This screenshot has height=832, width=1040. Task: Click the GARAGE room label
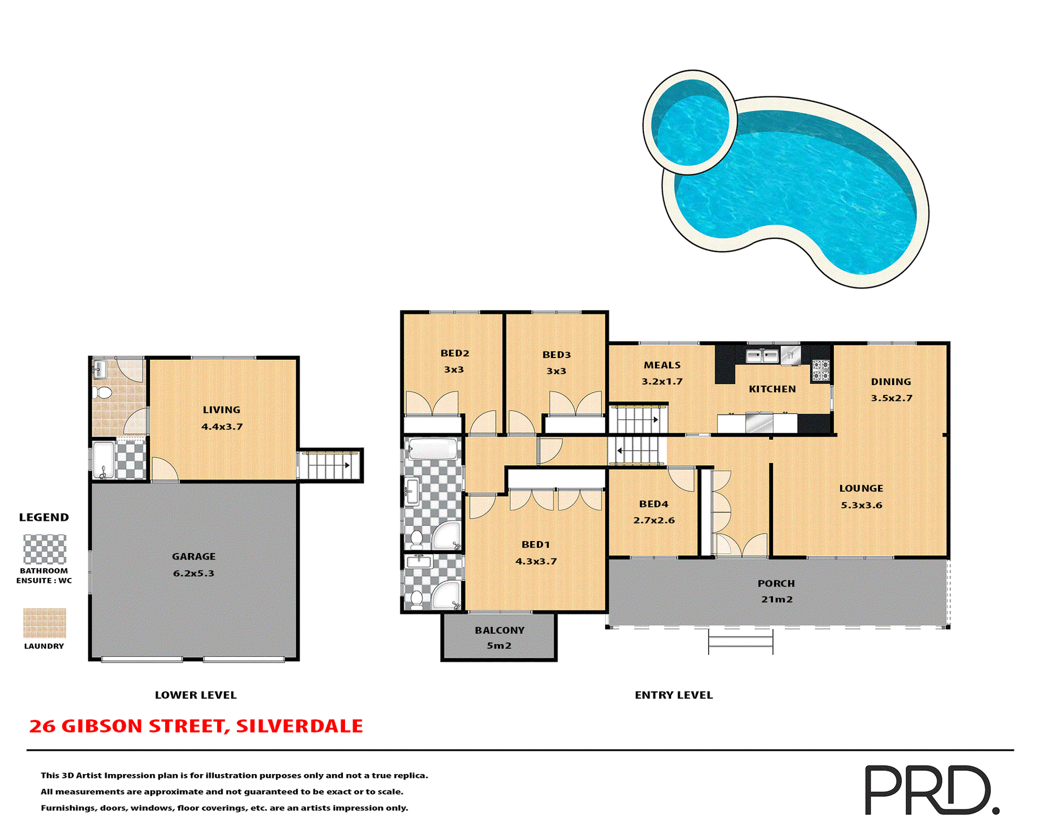(x=193, y=556)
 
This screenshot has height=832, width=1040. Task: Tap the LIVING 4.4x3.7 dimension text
(x=222, y=427)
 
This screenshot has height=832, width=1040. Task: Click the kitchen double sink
(x=762, y=356)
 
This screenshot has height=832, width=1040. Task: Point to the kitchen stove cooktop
(x=820, y=370)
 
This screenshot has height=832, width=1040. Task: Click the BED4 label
(x=653, y=504)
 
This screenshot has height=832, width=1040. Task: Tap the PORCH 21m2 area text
(x=776, y=599)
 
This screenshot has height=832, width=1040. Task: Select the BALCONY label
(x=499, y=630)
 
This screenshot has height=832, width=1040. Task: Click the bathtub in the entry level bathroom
(x=433, y=449)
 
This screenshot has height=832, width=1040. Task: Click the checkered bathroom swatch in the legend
(x=44, y=549)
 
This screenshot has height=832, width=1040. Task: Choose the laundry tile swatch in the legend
(x=44, y=622)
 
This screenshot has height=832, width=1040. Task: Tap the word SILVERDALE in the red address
(x=299, y=726)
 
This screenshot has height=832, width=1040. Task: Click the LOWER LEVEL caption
(x=196, y=695)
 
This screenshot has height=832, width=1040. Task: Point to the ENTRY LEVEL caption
(x=673, y=695)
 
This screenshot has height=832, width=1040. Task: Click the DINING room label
(x=890, y=382)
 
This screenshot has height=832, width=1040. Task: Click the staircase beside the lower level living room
(x=330, y=465)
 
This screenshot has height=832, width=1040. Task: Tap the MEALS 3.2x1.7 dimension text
(x=661, y=381)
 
